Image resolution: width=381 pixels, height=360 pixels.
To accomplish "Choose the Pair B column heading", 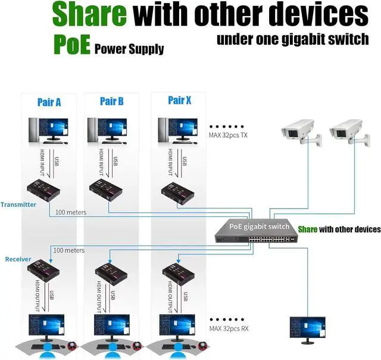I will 111,101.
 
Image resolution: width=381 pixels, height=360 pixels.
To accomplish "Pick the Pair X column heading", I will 179,100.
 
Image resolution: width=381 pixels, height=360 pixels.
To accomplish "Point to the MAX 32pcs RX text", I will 229,328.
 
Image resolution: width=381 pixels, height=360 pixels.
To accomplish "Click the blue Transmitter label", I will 18,204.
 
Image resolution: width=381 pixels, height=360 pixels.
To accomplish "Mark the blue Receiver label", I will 18,259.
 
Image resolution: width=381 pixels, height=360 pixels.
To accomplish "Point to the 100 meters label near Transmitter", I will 71,212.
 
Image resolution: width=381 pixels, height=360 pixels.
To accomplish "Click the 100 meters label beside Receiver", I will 68,250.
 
